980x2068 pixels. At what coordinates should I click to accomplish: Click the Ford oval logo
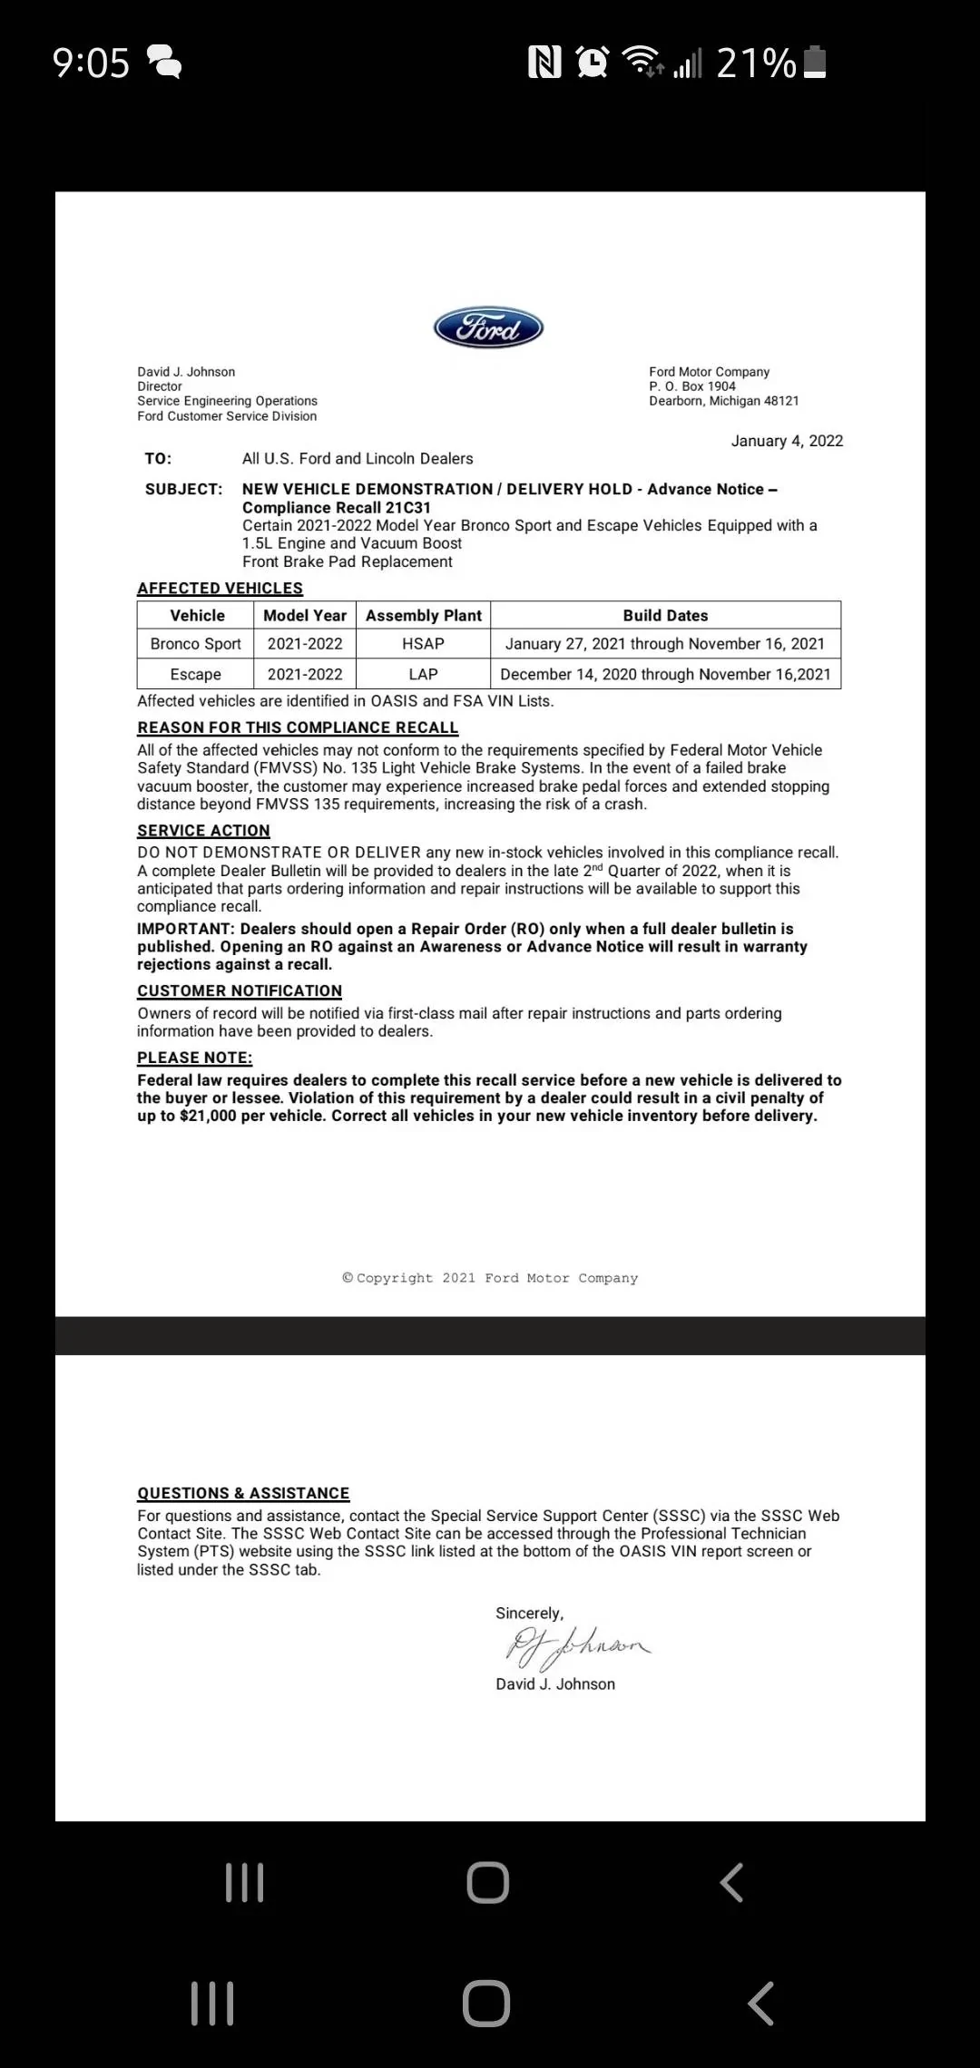(488, 327)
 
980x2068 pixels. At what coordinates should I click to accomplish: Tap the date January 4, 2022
(787, 441)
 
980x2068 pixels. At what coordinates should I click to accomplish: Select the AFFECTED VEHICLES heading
(220, 588)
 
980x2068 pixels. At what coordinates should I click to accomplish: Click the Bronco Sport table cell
(195, 644)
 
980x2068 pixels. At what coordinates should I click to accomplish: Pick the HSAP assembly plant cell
(423, 644)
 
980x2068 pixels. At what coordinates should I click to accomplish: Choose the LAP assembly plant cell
(423, 674)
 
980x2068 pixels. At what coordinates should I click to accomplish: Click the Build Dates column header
(665, 615)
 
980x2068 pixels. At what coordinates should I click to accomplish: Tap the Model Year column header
(305, 615)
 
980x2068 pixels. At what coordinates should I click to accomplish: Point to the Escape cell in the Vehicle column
(195, 674)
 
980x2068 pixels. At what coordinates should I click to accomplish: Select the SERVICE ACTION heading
(203, 830)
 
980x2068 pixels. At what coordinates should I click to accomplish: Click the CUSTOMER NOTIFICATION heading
(240, 990)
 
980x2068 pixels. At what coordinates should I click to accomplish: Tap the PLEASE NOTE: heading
(194, 1058)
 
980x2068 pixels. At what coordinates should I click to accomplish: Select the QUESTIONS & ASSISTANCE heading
(243, 1493)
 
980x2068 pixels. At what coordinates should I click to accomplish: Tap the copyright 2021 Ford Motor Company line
(490, 1278)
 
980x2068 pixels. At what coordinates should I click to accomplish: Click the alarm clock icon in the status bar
(593, 63)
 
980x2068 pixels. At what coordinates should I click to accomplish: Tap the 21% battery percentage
(756, 63)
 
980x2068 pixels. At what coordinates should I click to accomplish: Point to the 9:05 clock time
(91, 63)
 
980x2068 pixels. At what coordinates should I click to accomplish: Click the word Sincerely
(529, 1614)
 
